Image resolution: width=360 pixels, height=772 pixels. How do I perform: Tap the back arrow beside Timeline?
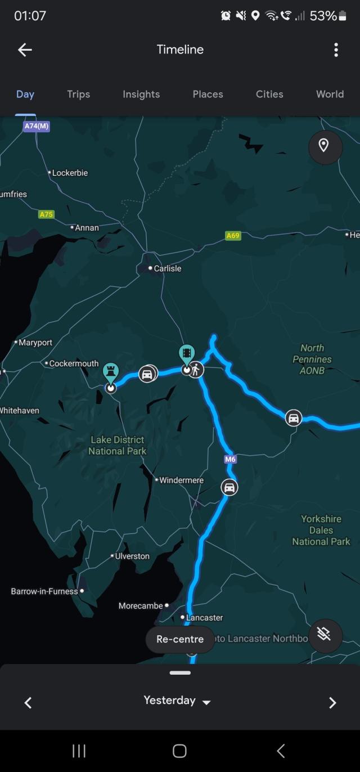coord(25,50)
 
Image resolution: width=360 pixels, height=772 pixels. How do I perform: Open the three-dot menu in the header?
coord(336,50)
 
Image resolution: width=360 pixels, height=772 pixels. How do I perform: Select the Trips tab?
coord(78,94)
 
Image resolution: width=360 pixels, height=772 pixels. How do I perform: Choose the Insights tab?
coord(141,94)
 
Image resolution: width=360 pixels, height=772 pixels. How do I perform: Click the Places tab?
coord(208,94)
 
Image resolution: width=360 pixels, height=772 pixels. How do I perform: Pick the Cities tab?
coord(269,94)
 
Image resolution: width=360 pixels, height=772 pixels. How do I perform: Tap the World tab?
coord(330,94)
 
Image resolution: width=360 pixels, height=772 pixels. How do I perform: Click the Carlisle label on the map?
coord(167,268)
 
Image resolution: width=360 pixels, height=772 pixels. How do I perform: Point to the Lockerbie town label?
coord(70,173)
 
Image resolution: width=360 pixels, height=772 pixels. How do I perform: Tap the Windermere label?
coord(181,480)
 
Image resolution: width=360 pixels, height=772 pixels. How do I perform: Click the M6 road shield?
coord(230,459)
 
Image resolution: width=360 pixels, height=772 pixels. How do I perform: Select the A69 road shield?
coord(233,236)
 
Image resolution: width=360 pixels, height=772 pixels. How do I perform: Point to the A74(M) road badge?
coord(37,126)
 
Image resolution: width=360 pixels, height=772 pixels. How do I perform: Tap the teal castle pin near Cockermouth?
coord(111,372)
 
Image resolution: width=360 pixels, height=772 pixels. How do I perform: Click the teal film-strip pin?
coord(187,354)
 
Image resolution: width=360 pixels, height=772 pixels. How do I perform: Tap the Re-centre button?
coord(180,639)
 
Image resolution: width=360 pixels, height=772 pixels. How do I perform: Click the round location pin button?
coord(325,146)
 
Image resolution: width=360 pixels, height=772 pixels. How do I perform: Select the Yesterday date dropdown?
coord(177,701)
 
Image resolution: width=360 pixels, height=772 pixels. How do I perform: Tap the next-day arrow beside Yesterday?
coord(332,702)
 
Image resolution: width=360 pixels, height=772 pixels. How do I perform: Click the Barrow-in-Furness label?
coord(44,591)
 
